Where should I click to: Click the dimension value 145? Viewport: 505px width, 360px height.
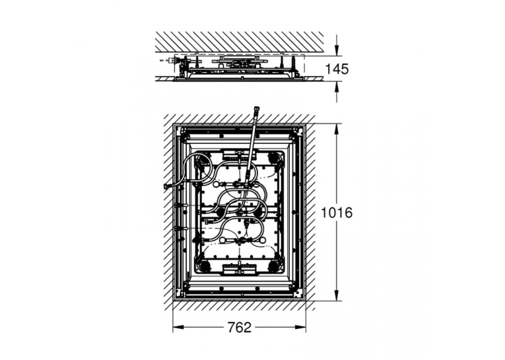tap(337, 69)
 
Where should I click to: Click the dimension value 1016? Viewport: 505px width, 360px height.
tap(337, 213)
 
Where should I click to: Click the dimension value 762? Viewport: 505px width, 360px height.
tap(239, 328)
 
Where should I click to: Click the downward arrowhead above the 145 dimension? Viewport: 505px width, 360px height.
tap(337, 50)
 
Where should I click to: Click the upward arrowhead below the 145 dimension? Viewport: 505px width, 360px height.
tap(337, 85)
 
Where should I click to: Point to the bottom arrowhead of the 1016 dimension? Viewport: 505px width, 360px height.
tap(337, 297)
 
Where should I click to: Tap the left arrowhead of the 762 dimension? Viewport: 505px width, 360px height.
tap(178, 328)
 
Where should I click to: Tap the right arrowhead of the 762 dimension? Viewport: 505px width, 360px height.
tap(301, 328)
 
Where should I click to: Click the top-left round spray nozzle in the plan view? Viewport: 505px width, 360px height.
tap(203, 159)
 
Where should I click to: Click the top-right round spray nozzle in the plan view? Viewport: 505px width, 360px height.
tap(274, 159)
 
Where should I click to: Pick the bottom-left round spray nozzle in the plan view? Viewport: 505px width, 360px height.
tap(203, 266)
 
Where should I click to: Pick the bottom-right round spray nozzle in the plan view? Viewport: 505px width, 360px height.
tap(274, 266)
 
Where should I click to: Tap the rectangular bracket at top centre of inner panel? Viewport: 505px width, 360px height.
tap(239, 155)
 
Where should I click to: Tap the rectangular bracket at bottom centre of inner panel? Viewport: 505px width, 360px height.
tap(239, 268)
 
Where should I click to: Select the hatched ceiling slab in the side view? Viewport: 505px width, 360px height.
tap(239, 42)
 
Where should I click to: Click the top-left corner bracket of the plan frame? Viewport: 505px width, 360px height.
tap(180, 130)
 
